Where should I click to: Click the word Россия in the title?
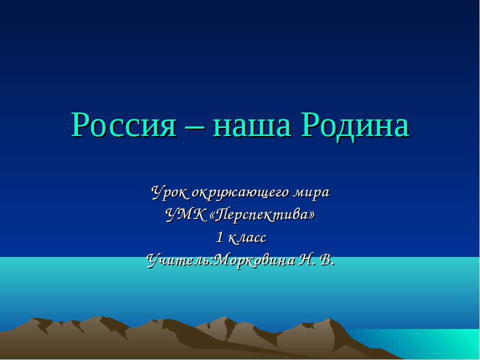click(123, 124)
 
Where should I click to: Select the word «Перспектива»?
click(263, 215)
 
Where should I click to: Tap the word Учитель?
click(179, 260)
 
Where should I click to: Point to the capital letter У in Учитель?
click(151, 260)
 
